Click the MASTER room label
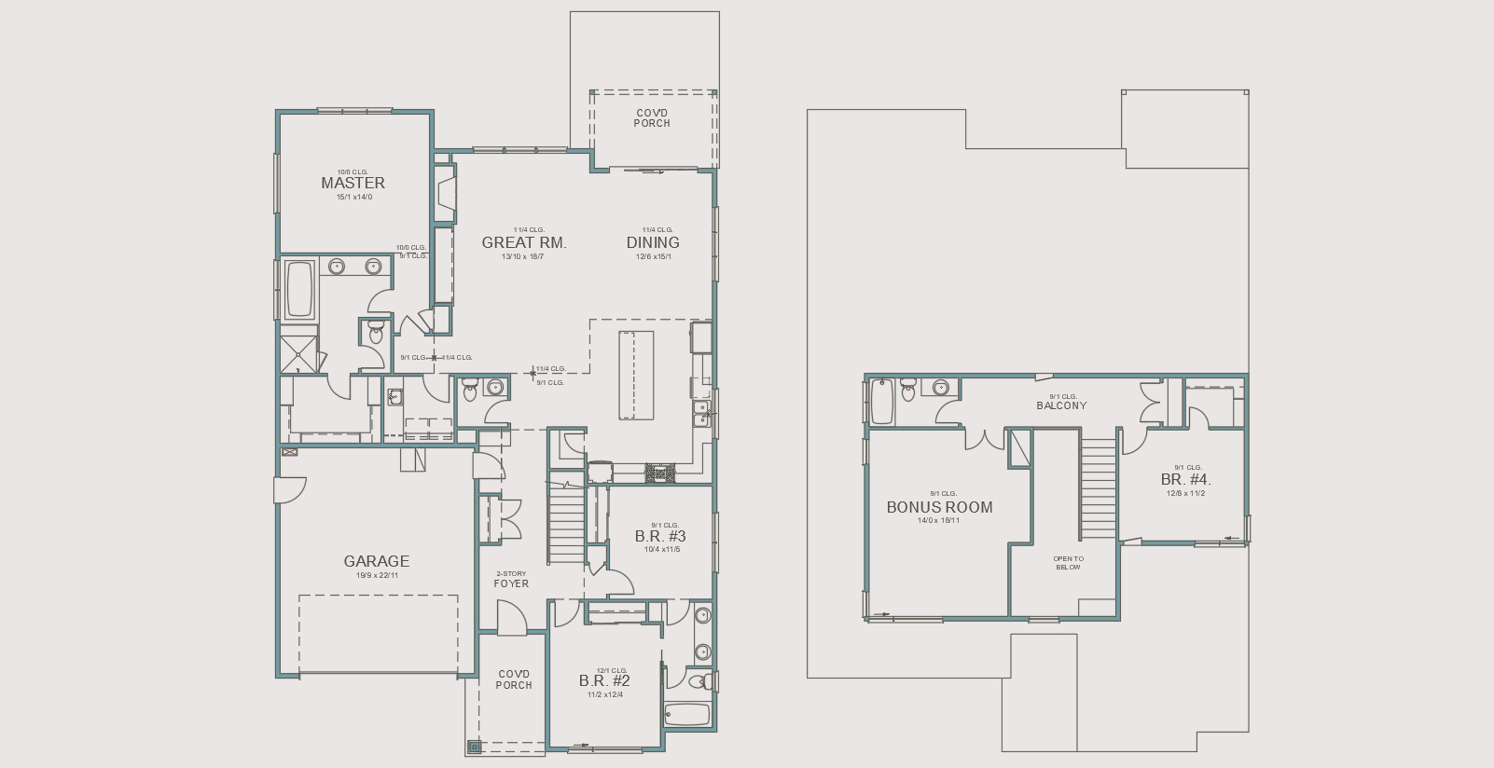tap(353, 183)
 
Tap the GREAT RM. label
tap(523, 242)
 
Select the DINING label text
tap(653, 242)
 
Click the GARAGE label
tap(376, 561)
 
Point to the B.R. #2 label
tap(604, 680)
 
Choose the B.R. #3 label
tap(660, 536)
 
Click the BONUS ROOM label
tap(939, 507)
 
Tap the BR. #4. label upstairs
tap(1185, 480)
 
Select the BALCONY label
tap(1061, 405)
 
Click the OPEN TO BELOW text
tap(1068, 563)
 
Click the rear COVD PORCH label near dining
tap(652, 118)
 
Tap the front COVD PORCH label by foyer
tap(514, 679)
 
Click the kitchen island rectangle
tap(635, 375)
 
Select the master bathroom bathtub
tap(299, 289)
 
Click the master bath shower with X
tap(299, 353)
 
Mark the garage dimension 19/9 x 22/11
tap(376, 575)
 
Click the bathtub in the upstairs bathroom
tap(881, 402)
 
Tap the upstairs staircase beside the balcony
tap(1099, 488)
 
